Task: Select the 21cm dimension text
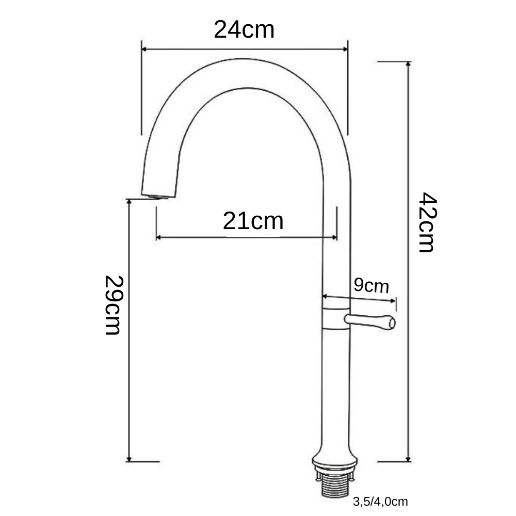253,221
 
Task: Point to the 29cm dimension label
113,305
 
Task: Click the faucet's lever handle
370,321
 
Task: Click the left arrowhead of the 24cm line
144,49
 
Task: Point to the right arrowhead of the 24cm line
345,49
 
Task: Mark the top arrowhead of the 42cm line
409,64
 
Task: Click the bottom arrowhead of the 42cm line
409,459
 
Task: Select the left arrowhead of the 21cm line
158,237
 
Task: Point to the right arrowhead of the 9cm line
393,300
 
